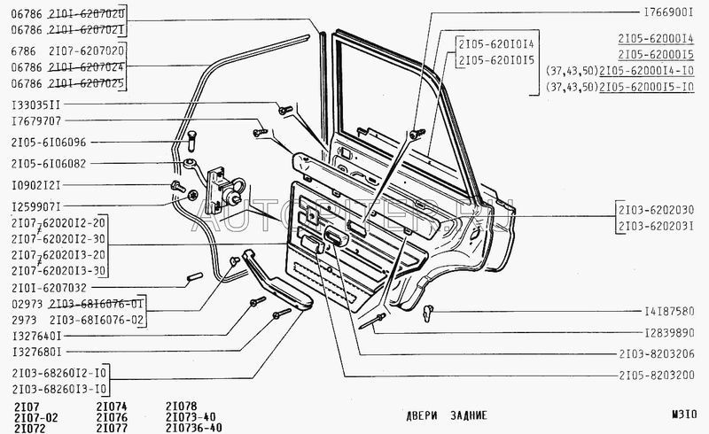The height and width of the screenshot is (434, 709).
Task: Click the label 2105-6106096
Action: (49, 142)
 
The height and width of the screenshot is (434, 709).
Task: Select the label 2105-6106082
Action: (49, 163)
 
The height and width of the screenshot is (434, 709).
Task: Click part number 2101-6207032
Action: (49, 287)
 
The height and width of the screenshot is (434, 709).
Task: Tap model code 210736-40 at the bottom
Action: (194, 427)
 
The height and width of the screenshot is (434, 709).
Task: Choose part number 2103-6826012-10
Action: (61, 371)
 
